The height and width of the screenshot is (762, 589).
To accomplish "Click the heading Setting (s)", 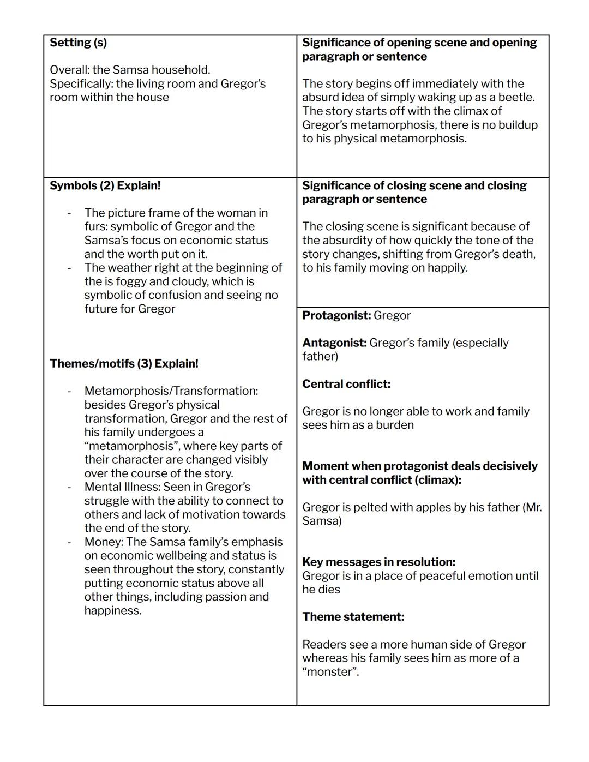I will pos(78,43).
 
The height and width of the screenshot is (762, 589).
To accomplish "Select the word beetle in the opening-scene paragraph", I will pos(515,97).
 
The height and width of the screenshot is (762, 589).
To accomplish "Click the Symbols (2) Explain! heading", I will pos(105,185).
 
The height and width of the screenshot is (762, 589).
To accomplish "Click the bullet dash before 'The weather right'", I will pos(69,268).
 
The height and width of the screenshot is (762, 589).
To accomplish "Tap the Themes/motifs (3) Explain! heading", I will pos(124,363).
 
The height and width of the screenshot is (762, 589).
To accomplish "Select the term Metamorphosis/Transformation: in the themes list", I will pos(171,391).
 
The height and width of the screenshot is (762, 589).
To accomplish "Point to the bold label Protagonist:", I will pos(336,315).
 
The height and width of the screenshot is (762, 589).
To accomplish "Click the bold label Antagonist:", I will pos(334,343).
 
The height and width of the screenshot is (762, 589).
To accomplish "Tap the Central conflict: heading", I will pos(346,384).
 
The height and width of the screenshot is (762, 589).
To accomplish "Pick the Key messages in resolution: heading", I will pos(378,562).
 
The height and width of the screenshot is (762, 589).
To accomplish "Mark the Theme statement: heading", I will pos(353,617).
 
